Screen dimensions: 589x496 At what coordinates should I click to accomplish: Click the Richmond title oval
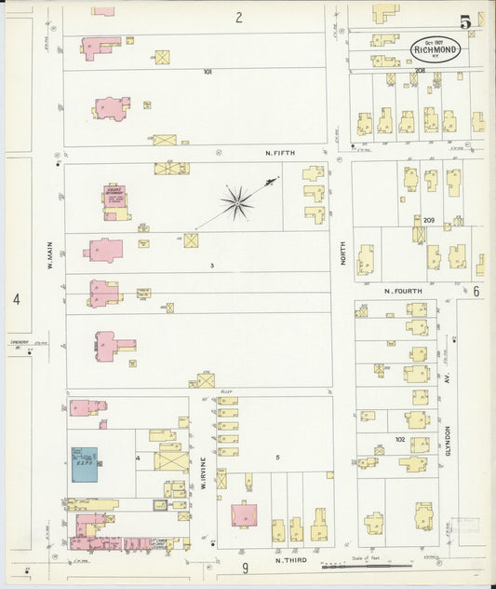pos(435,49)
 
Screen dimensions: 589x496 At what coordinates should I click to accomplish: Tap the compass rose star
pos(237,199)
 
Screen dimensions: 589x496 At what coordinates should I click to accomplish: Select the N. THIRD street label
pos(291,560)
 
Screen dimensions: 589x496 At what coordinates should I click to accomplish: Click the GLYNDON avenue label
pos(448,440)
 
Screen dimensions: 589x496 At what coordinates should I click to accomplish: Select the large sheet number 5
pos(463,21)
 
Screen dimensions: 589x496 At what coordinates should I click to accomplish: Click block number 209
pos(428,221)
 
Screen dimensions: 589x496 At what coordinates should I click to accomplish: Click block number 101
pos(208,72)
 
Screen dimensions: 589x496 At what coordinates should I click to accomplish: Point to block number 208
pos(420,71)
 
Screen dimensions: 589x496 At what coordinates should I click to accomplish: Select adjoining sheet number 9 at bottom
pos(246,568)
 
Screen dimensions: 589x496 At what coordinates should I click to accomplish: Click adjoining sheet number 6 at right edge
pos(476,292)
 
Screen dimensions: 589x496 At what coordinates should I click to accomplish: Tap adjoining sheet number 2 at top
pos(238,17)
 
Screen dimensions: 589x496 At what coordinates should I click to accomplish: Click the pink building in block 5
pos(245,514)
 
